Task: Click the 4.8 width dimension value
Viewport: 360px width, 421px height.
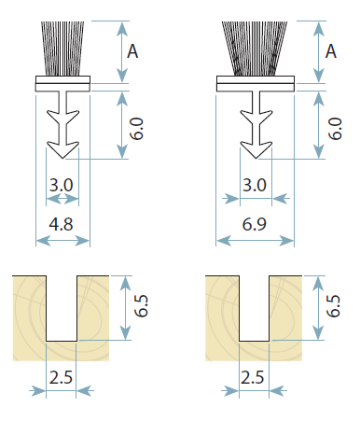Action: pos(61,224)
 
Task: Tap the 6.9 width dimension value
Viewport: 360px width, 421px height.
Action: pos(255,224)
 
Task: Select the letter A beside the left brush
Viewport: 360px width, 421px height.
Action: pos(132,51)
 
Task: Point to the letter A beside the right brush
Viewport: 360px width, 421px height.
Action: pos(331,51)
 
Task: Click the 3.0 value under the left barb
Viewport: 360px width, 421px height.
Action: pos(62,185)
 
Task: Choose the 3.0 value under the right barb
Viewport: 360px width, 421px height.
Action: pos(255,185)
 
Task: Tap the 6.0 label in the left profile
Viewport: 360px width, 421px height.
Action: pos(136,129)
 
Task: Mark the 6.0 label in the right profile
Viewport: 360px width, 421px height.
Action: pos(335,129)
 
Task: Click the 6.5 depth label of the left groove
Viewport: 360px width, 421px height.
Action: pos(141,306)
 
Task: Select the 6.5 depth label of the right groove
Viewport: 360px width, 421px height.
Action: pos(333,306)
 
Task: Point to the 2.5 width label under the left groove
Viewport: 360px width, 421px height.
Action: pos(61,377)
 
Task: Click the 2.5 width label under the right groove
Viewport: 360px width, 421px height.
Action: pos(253,377)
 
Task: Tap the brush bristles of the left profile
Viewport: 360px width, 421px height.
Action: pos(62,49)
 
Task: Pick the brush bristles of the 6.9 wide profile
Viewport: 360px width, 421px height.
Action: pos(255,49)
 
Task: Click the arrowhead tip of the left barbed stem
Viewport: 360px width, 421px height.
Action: pos(62,159)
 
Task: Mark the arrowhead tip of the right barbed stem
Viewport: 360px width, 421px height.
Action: pos(256,159)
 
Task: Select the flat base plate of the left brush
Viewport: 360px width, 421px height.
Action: pos(62,84)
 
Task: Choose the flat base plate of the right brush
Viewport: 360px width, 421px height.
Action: pos(256,84)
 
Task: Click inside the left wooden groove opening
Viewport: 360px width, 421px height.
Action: pos(62,308)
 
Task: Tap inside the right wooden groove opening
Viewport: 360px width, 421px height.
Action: pos(255,308)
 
